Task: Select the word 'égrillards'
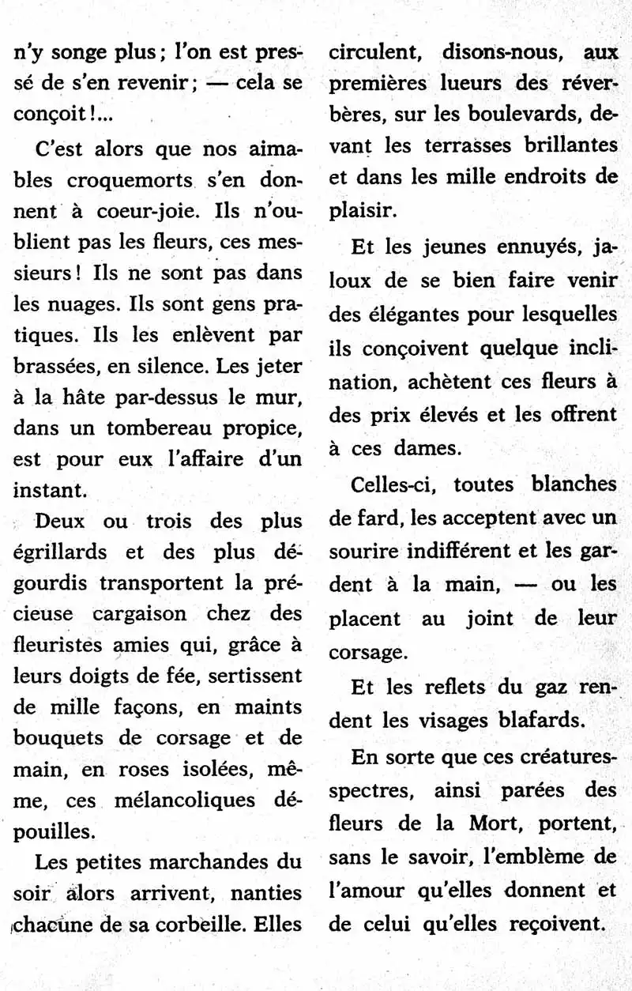tap(59, 552)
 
